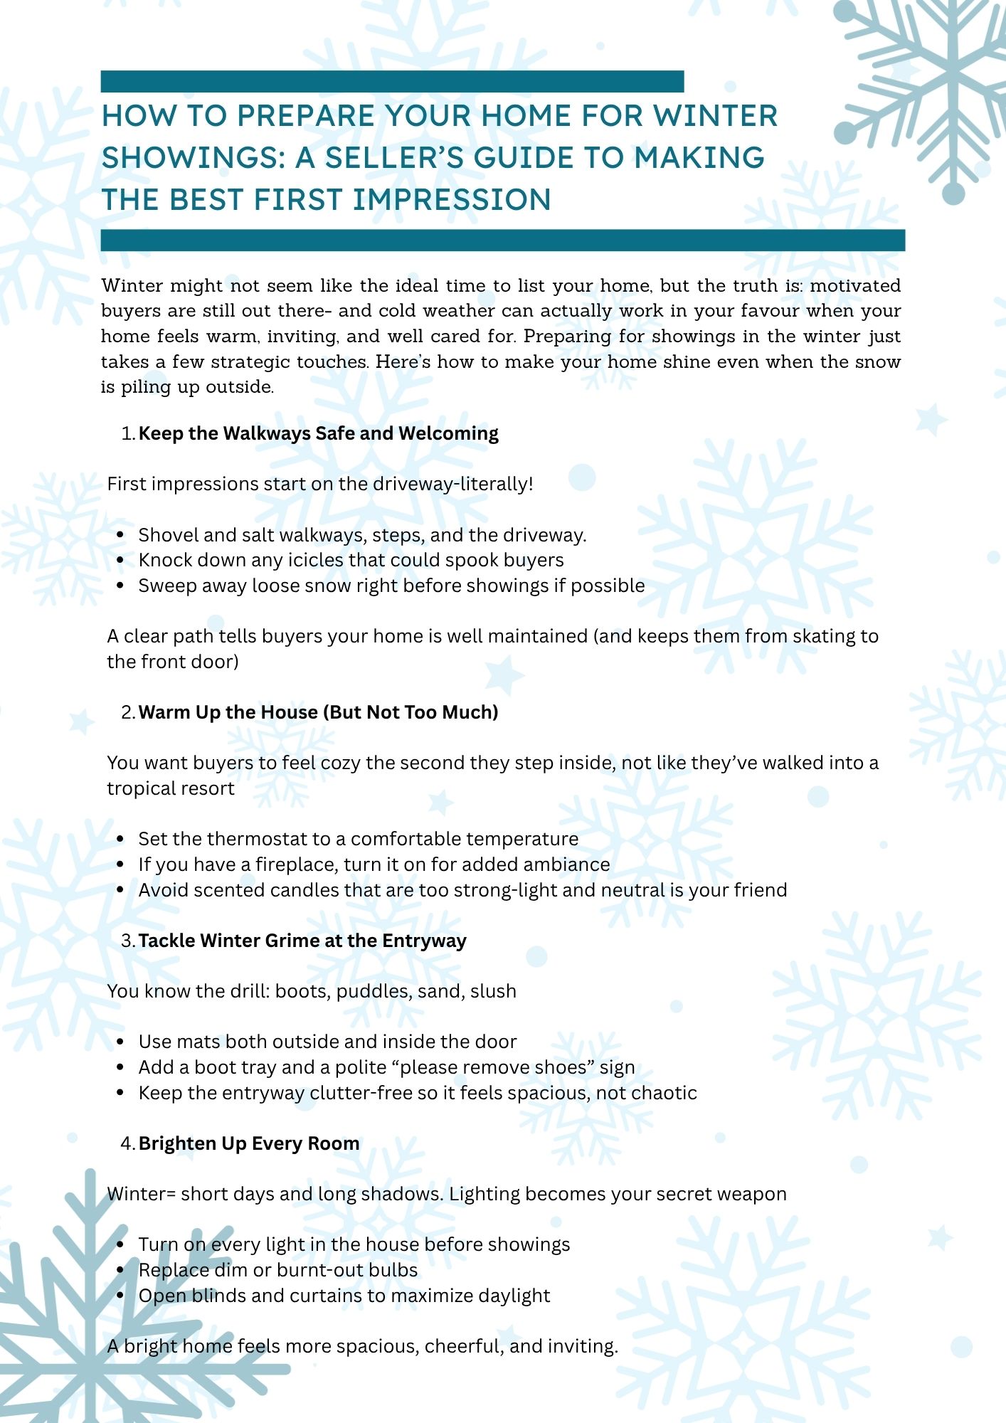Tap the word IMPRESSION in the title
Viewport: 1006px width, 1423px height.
tap(452, 200)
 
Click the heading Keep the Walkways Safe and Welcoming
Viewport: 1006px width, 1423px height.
tap(318, 433)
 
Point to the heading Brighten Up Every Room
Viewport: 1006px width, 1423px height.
tap(249, 1143)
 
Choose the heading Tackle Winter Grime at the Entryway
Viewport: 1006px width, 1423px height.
tap(302, 941)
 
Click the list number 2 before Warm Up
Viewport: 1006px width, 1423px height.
tap(127, 712)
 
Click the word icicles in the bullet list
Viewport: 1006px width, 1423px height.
tap(314, 560)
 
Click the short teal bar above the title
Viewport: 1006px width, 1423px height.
tap(392, 81)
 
